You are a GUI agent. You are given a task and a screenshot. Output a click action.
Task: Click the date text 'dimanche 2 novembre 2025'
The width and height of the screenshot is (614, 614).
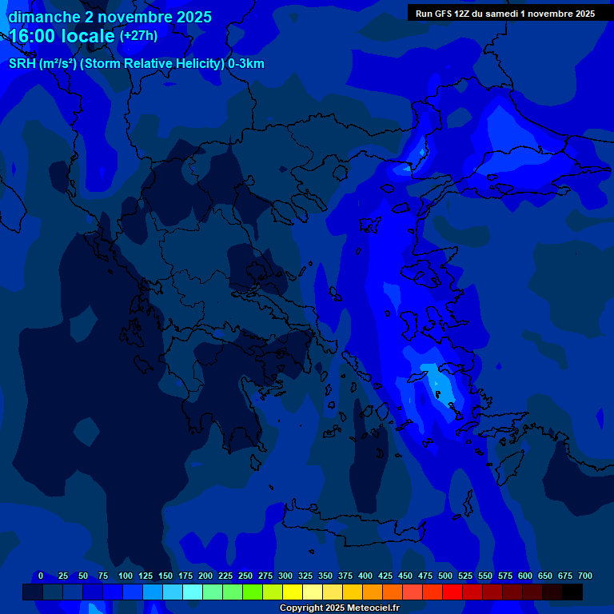[110, 17]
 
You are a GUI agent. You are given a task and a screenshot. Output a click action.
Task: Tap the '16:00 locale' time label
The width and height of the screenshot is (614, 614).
[62, 36]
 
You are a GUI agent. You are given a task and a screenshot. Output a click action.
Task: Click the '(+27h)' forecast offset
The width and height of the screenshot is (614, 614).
[138, 36]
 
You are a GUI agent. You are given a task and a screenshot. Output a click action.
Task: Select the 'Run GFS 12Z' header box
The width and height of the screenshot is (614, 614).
[505, 13]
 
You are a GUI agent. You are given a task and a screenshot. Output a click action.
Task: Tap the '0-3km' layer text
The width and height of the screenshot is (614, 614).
[246, 64]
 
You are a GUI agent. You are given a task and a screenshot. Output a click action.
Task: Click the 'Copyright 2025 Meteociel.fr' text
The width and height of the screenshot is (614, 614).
[339, 608]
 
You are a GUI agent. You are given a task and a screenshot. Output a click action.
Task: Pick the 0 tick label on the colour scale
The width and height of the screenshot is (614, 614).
[41, 576]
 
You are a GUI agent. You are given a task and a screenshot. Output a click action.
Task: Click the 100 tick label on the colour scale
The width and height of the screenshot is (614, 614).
[126, 576]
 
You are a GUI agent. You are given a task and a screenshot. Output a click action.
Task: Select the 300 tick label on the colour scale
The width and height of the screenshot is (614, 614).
[285, 576]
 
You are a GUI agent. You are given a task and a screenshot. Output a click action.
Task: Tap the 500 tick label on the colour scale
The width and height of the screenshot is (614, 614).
[445, 576]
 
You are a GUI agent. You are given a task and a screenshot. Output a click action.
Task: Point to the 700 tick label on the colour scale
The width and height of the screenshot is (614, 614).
[585, 576]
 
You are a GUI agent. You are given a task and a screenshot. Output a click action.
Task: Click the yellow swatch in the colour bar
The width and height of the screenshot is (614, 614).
[293, 592]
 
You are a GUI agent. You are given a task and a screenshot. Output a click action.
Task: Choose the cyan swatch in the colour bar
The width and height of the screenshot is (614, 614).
[193, 592]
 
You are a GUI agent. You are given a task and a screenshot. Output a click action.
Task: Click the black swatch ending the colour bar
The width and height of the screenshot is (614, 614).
[572, 592]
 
